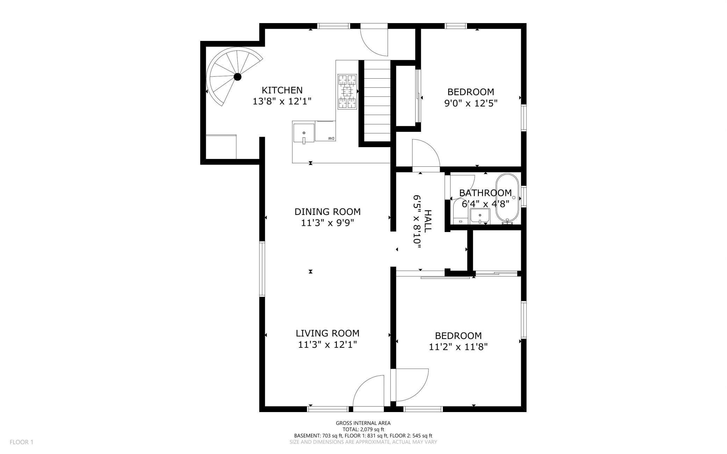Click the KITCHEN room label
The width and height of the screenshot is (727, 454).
(x=282, y=90)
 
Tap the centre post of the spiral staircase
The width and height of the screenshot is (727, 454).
(x=238, y=77)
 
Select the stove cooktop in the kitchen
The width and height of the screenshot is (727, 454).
(x=347, y=92)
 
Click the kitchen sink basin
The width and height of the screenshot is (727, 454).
(x=304, y=134)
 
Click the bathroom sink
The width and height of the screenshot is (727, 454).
(x=480, y=216)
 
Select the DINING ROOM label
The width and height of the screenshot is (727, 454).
(x=327, y=212)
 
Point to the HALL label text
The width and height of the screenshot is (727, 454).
(x=428, y=221)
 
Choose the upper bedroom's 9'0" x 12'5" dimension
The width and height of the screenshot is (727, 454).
(x=471, y=103)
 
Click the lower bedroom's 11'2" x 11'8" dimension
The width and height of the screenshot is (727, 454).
(x=458, y=347)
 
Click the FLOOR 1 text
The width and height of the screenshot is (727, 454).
(x=21, y=442)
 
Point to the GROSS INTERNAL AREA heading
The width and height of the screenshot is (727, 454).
(x=363, y=423)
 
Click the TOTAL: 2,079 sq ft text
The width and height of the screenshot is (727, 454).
(x=363, y=430)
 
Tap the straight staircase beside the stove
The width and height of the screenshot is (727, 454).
(x=377, y=101)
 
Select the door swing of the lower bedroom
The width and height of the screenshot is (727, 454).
(x=410, y=385)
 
